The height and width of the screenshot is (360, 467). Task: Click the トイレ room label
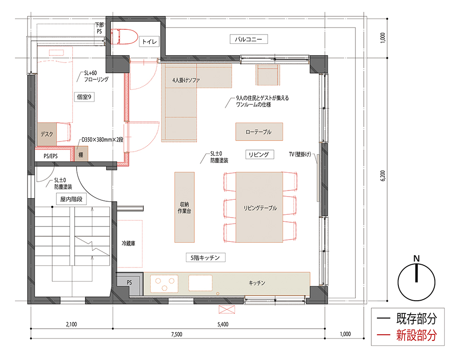pos(149,42)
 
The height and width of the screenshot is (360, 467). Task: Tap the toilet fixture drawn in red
pos(124,36)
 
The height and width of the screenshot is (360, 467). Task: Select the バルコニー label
pos(248,39)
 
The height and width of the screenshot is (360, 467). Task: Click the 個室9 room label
pos(84,97)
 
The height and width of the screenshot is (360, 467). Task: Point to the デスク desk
pos(47,134)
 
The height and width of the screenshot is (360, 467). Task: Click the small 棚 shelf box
pos(81,154)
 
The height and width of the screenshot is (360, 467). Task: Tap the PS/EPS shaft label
pos(50,156)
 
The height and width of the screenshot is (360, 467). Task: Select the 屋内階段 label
pos(71,199)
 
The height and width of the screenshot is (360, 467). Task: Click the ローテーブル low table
pos(259,132)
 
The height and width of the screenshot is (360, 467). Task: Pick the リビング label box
pos(259,154)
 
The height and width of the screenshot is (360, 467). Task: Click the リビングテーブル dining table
pos(259,207)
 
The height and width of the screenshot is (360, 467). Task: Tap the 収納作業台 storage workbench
pos(184,207)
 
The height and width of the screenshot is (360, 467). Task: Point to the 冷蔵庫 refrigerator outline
pos(129,244)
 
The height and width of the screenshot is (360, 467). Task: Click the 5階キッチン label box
pos(205,258)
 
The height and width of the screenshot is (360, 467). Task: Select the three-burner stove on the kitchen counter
pos(164,283)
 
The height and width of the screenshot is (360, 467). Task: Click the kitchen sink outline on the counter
pos(200,283)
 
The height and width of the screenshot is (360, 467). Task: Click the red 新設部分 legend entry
pos(407,335)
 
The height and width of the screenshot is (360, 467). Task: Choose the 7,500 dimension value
pos(177,334)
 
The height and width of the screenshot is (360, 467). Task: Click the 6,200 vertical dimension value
pos(383,176)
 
